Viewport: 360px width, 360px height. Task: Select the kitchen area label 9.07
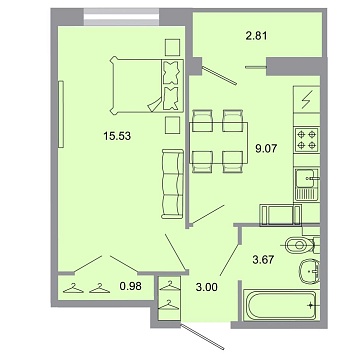tap(264, 153)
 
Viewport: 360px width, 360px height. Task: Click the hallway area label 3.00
tap(204, 291)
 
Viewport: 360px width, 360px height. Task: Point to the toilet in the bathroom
tap(300, 246)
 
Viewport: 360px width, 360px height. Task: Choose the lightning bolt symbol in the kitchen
tap(307, 100)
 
